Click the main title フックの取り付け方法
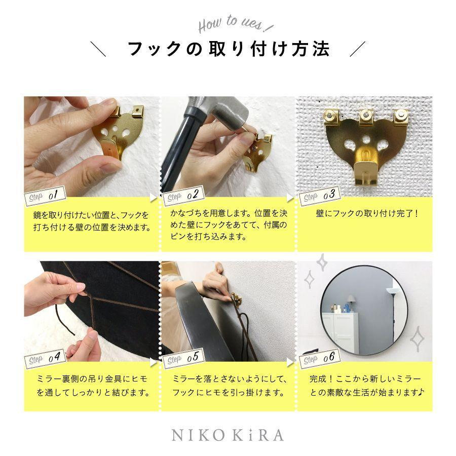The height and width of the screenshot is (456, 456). pos(228,50)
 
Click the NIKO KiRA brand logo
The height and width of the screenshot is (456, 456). pos(227,435)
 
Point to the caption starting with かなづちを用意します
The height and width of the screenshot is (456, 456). pos(228,223)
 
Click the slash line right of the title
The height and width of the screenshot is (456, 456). pos(358,50)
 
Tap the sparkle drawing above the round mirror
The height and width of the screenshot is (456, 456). pos(320,263)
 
